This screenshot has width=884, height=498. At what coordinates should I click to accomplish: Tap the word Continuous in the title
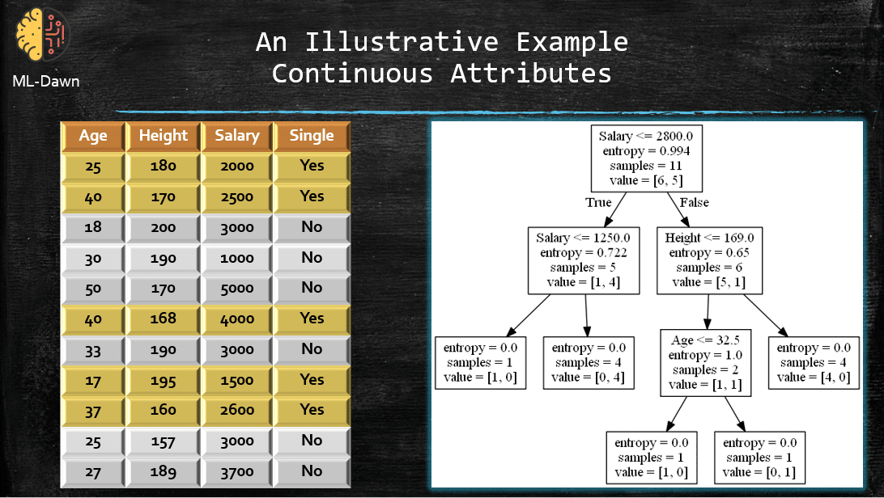352,74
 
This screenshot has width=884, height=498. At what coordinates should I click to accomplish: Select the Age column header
93,136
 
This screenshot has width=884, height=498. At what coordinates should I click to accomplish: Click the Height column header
163,136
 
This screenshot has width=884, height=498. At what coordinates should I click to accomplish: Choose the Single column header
312,136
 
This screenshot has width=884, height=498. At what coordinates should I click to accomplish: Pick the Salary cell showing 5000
236,288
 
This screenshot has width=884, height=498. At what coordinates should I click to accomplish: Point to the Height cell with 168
163,319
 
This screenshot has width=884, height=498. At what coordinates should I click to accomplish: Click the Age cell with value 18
93,227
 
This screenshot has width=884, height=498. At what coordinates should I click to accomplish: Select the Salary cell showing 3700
236,471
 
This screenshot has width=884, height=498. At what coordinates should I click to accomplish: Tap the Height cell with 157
163,441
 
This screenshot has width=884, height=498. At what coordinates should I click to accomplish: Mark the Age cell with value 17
93,379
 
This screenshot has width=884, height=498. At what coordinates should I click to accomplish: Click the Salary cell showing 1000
236,258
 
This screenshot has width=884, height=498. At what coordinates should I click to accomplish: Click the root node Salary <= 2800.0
645,158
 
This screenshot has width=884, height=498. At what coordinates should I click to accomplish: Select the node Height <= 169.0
709,260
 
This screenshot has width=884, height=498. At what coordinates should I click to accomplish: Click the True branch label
598,202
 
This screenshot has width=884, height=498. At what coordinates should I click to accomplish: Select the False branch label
694,202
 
